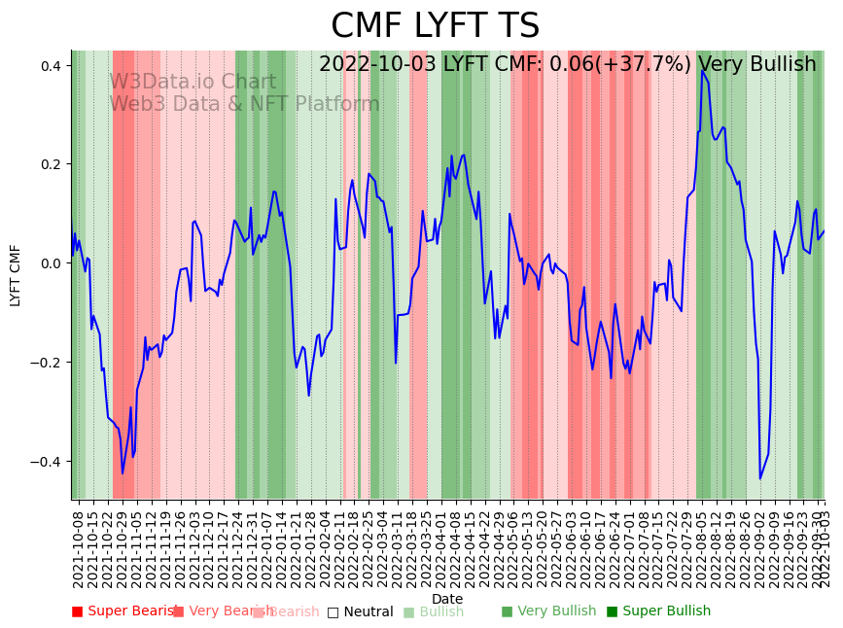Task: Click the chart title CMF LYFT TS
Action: [435, 26]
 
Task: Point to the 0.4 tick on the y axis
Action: [50, 66]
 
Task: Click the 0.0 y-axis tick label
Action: [50, 263]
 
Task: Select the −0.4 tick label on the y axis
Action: [46, 462]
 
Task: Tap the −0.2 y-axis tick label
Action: [46, 363]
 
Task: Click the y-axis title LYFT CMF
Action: [16, 275]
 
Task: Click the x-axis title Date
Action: [447, 599]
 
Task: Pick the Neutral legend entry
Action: [361, 611]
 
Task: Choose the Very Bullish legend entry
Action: [549, 611]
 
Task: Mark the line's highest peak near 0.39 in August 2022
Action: [702, 70]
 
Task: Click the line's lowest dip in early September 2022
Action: [760, 478]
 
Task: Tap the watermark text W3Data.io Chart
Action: [193, 83]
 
